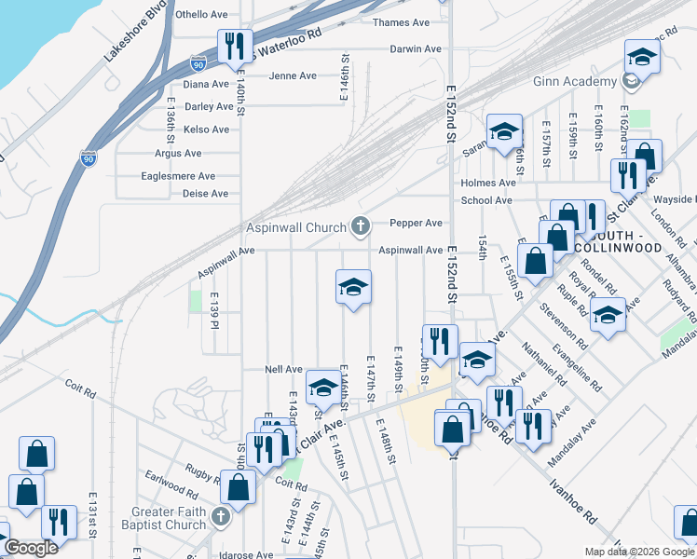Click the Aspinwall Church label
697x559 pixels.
295,226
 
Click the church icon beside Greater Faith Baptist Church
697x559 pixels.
221,516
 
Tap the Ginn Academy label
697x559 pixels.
576,82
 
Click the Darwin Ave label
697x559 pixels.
414,48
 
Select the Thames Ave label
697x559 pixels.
401,22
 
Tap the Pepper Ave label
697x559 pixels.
416,224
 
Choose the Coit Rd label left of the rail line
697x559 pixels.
80,388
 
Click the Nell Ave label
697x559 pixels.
284,369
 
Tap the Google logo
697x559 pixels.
30,548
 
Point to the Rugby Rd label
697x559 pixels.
201,473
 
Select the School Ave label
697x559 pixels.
486,200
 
